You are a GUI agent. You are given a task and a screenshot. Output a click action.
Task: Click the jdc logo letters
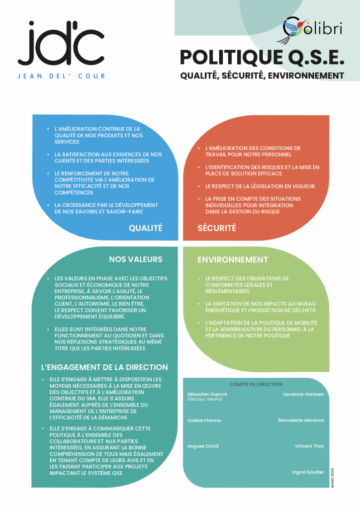coord(61,43)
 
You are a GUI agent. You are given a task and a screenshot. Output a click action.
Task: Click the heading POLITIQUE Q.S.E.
coord(262,58)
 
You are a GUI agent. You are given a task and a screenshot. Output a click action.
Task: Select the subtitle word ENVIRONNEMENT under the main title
coord(306,76)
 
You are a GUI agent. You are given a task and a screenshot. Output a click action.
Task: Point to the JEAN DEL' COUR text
coord(61,76)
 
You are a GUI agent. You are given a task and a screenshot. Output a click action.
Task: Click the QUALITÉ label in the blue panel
coord(145,228)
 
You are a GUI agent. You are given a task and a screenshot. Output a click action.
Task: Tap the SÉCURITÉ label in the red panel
coord(217,228)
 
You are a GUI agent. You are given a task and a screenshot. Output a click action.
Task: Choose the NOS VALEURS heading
coord(136,259)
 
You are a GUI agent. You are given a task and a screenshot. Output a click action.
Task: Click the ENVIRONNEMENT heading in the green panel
coord(233,259)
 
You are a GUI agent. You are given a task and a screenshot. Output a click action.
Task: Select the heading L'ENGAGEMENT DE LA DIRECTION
coord(104,367)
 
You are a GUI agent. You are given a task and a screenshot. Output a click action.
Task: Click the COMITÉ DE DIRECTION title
coord(256,384)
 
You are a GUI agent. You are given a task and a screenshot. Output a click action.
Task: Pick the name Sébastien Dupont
coord(207,394)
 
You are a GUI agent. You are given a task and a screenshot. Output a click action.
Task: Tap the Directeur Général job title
coord(205,399)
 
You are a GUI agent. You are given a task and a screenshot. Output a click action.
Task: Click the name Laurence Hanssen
coord(303,394)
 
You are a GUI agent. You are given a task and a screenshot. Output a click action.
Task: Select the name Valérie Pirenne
coord(204,421)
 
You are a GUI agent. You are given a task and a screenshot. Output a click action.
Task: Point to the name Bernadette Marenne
coord(301,421)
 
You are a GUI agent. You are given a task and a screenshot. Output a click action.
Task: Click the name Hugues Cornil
coord(203,446)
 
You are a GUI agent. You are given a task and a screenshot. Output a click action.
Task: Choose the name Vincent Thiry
coord(309,446)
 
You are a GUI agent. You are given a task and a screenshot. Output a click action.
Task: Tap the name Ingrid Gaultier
coord(308,472)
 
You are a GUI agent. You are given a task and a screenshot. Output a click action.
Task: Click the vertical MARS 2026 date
coord(333,478)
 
